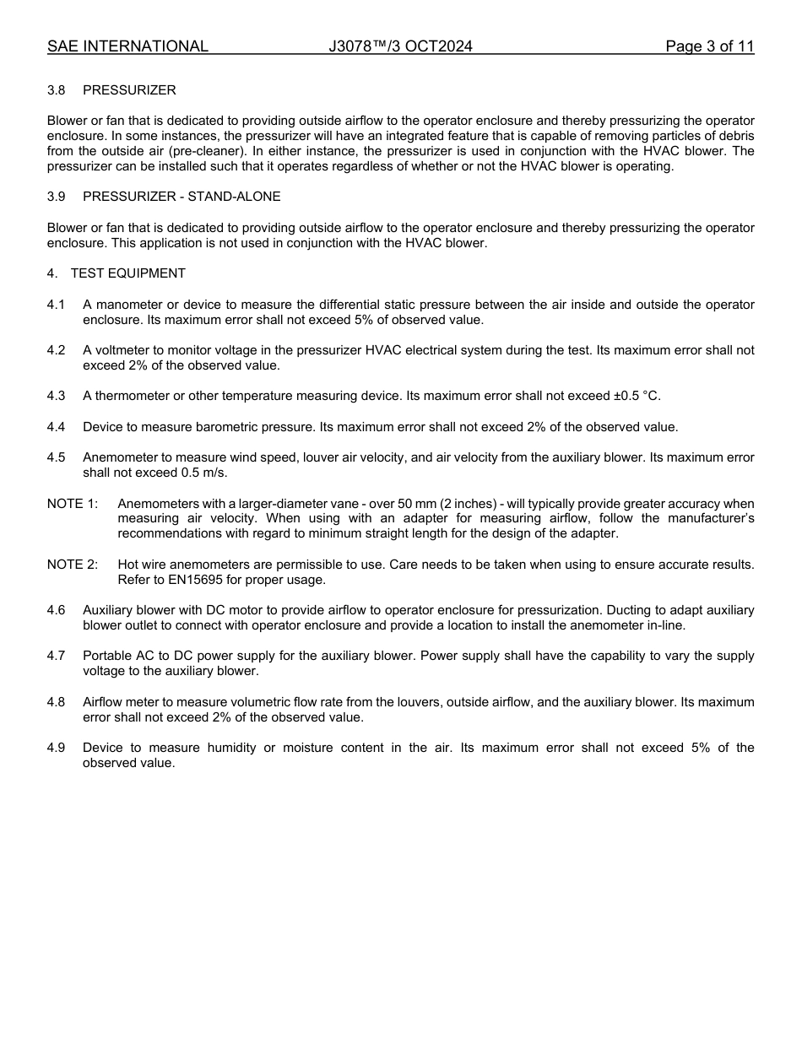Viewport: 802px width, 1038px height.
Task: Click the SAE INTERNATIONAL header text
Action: click(x=127, y=46)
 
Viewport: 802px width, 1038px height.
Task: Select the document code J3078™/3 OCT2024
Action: click(x=400, y=46)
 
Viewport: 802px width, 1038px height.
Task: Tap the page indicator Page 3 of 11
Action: click(x=709, y=46)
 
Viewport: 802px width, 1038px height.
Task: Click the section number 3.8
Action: click(x=57, y=90)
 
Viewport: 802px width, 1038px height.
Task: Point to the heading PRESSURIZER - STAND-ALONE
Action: click(x=182, y=197)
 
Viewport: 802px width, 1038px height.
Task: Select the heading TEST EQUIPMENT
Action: click(x=127, y=273)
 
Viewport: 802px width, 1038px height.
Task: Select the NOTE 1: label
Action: click(x=73, y=504)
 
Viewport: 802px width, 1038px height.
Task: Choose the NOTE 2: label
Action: click(x=73, y=565)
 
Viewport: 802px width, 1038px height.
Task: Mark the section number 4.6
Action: click(x=57, y=610)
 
